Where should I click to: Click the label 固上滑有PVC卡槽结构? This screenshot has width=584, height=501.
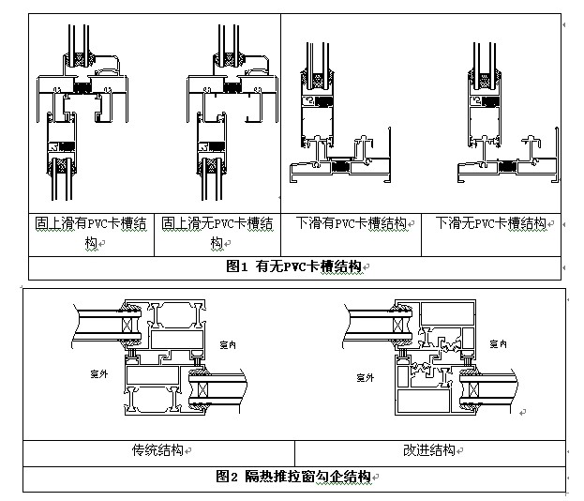click(90, 233)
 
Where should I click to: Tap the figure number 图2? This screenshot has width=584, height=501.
click(227, 477)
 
